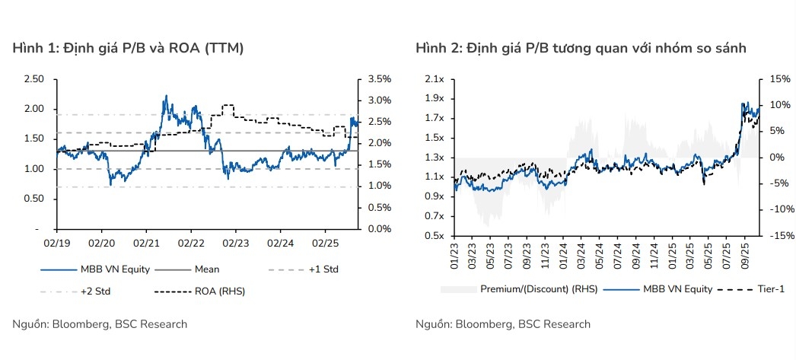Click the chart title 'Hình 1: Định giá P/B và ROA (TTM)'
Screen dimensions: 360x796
(x=128, y=49)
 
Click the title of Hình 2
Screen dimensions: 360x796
(x=581, y=49)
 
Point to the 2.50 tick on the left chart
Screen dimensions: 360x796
(x=33, y=78)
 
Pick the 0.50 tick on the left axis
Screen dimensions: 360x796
(x=33, y=199)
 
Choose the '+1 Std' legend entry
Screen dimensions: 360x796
(x=323, y=269)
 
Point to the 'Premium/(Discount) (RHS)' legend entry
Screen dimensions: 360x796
(x=539, y=288)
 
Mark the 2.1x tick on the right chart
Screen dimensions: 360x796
(x=434, y=78)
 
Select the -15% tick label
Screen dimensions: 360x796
(x=779, y=236)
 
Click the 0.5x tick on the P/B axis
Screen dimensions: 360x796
(x=434, y=236)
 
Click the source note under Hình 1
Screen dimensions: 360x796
(x=100, y=324)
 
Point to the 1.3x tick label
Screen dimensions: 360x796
(x=434, y=158)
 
